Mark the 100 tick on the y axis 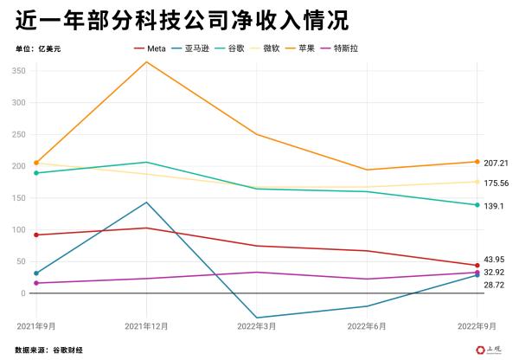[19, 230]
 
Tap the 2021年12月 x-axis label [146, 326]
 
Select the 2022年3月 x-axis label [257, 326]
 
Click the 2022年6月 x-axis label [367, 326]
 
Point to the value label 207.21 [497, 163]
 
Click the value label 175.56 [497, 183]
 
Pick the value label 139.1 [494, 206]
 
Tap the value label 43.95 [494, 260]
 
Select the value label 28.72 [494, 285]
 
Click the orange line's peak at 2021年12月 [146, 62]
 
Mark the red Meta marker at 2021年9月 [36, 235]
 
